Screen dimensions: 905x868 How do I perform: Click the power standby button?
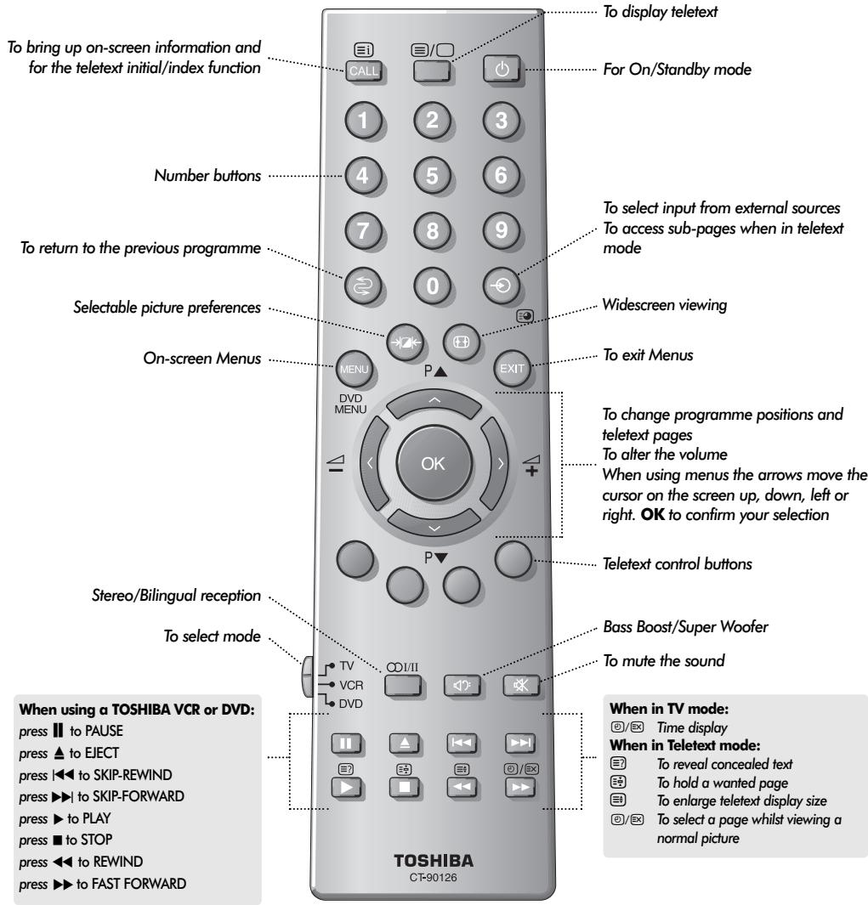click(x=499, y=70)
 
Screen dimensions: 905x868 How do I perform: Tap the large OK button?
click(x=431, y=463)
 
